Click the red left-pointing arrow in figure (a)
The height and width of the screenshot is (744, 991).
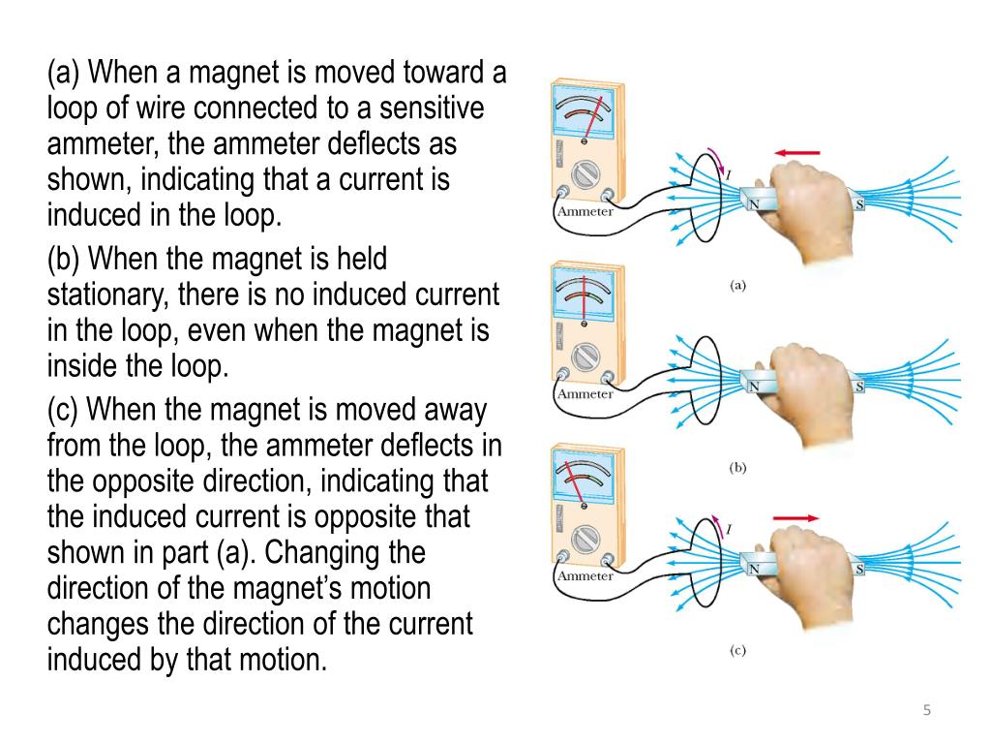796,152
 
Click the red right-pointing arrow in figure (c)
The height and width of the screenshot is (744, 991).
796,517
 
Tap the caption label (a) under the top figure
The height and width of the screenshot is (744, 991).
737,285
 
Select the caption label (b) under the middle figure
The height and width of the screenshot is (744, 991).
737,467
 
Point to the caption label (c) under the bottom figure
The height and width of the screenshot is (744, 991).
737,651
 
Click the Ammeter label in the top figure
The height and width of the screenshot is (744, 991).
586,212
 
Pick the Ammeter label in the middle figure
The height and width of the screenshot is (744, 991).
586,394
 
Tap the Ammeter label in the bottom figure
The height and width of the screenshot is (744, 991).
586,575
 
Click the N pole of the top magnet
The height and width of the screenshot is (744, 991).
751,203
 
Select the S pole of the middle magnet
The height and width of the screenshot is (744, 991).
858,387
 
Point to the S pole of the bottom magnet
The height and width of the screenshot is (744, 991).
858,569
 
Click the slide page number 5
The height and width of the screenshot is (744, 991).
926,712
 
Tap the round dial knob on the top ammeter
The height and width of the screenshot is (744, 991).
584,173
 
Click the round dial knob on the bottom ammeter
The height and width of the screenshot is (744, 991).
584,538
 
